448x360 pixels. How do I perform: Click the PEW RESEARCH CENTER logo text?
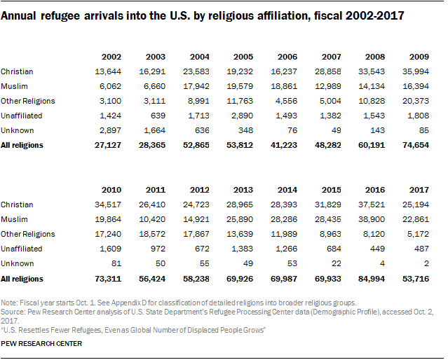[42, 345]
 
